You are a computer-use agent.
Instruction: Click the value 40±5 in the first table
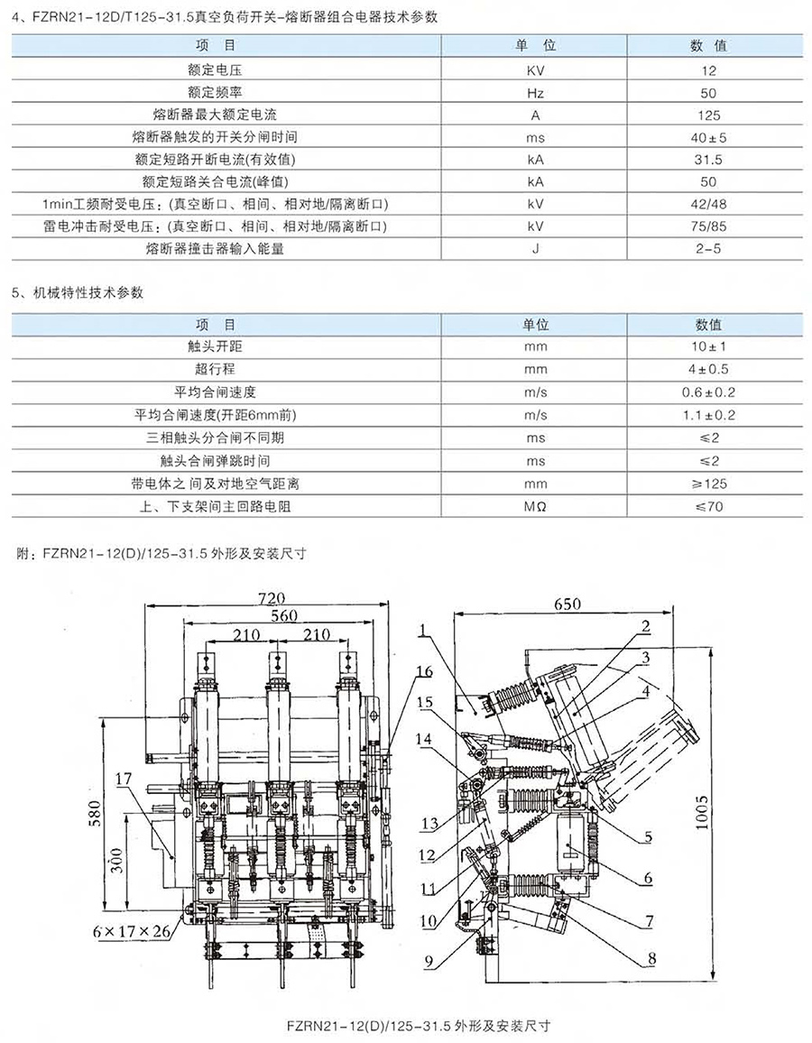coord(708,138)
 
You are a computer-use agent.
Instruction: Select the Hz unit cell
coord(535,93)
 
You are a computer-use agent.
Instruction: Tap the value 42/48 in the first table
coord(708,204)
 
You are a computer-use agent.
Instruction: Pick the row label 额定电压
coord(214,69)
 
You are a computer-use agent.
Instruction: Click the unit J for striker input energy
coord(535,249)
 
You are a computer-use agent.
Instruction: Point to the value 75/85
coord(708,226)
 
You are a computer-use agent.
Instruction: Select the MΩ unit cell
coord(535,507)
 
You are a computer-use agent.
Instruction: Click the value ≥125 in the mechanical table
coord(708,484)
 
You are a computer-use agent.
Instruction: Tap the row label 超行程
coord(215,369)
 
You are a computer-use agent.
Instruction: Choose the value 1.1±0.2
coord(708,415)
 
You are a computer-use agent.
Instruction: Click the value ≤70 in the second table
coord(708,507)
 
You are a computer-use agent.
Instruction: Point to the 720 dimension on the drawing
coord(271,597)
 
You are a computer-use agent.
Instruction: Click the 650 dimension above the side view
coord(567,604)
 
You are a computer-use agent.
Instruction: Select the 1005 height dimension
coord(703,811)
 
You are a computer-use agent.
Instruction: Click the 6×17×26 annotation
coord(133,931)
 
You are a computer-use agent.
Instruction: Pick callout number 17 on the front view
coord(123,779)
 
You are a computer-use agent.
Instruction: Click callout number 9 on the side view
coord(429,961)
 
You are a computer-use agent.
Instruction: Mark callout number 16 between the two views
coord(424,671)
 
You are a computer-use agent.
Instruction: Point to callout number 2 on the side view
coord(645,626)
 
